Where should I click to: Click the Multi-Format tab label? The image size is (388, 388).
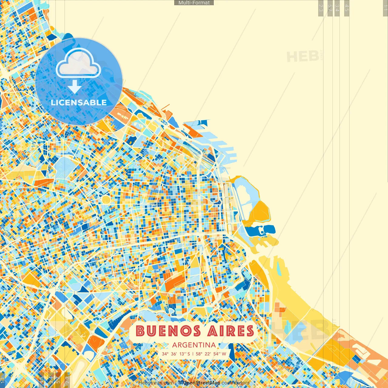[194, 3]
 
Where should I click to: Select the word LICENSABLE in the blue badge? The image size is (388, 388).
[79, 102]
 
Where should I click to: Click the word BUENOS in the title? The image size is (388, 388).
[168, 331]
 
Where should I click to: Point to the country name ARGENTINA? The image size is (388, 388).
[194, 345]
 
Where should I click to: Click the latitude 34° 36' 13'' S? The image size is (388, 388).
[176, 354]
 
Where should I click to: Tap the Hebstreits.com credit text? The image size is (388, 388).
[156, 383]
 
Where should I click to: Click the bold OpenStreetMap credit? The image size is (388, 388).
[202, 383]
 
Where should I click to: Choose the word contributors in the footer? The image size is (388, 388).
[236, 383]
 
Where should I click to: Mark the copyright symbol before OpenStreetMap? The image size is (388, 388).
[180, 383]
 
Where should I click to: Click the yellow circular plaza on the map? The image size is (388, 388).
[106, 199]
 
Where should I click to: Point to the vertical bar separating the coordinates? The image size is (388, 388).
[193, 354]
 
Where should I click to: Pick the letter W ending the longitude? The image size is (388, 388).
[224, 354]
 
